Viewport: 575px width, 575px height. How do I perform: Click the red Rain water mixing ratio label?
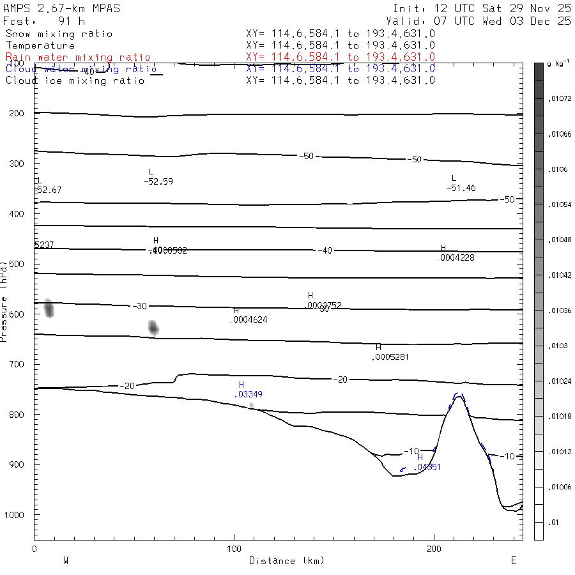(78, 57)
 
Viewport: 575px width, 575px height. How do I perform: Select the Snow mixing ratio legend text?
(59, 34)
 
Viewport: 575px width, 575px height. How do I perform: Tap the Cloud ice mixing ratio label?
(75, 80)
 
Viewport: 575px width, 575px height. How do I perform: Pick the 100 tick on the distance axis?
(234, 549)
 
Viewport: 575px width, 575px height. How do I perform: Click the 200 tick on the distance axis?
(434, 549)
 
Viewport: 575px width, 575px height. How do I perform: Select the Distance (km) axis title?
(286, 560)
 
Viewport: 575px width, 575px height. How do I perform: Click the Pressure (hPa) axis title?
(4, 300)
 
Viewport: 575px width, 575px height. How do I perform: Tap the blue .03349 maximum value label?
(249, 395)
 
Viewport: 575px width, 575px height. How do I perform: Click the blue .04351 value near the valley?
(427, 467)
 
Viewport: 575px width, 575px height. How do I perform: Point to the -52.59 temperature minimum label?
(158, 181)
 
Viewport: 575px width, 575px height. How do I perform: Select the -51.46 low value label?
(461, 188)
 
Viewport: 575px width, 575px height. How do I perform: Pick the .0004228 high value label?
(456, 257)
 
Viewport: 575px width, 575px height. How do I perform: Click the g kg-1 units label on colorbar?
(559, 65)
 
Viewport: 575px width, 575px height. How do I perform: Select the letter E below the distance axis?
(513, 560)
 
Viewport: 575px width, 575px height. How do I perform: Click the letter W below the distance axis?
(66, 560)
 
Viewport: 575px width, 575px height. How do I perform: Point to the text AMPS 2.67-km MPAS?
(61, 9)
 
